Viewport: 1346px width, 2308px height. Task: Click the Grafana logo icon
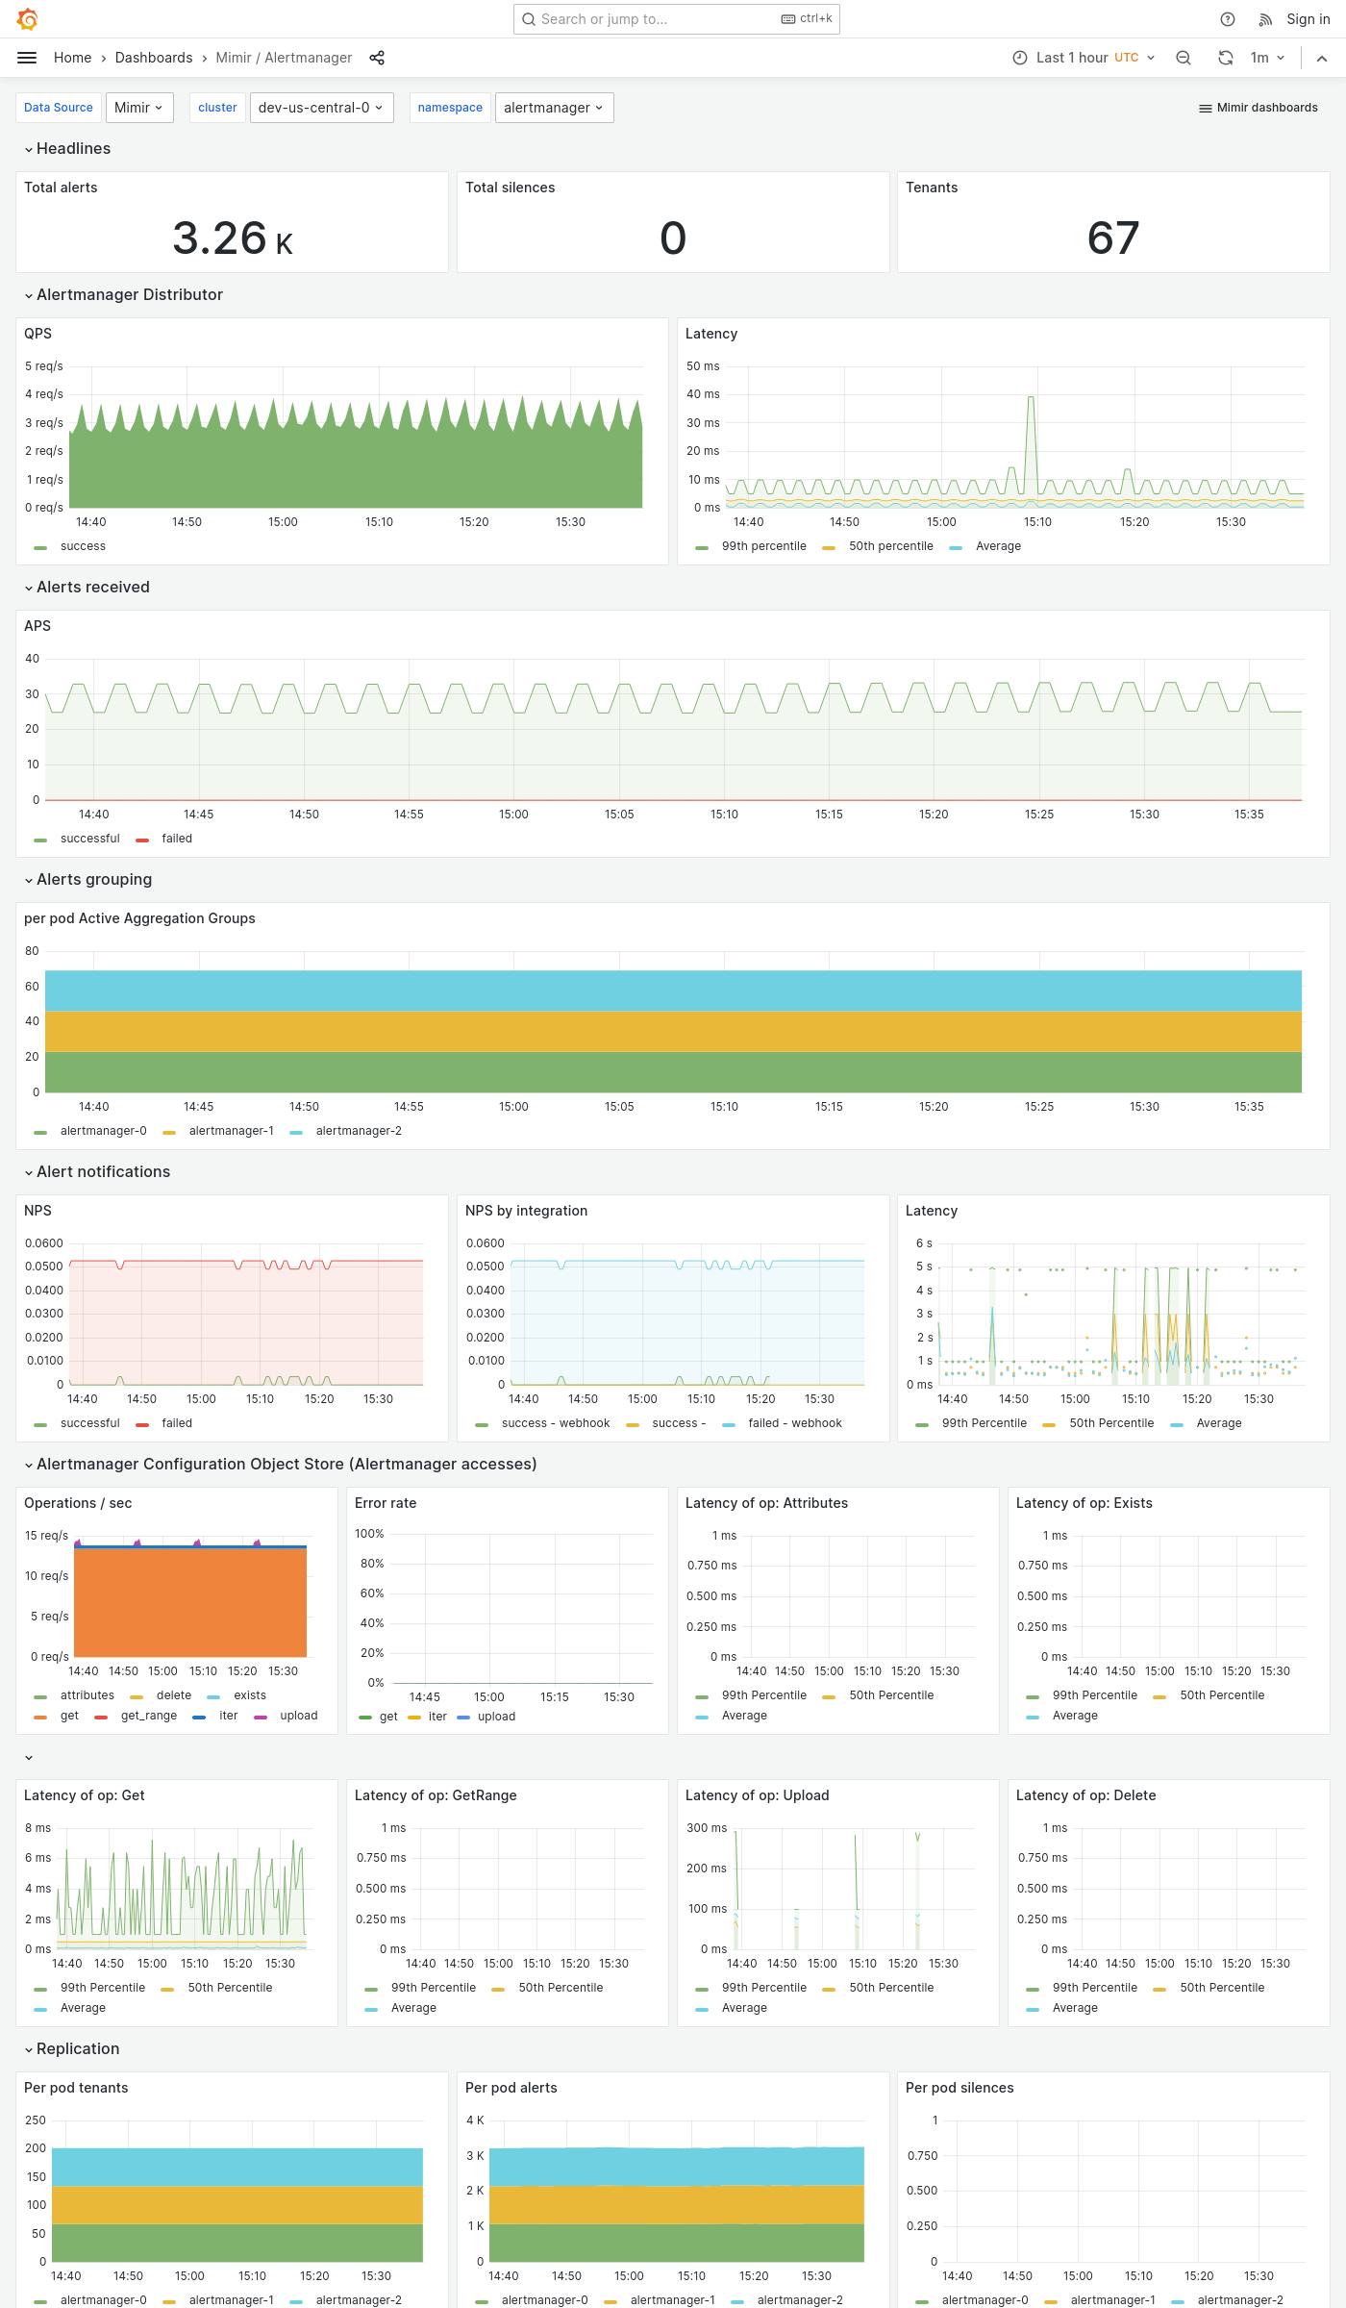(27, 19)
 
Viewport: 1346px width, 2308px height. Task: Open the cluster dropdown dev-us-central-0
(320, 108)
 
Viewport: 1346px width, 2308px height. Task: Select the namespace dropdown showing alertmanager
(553, 108)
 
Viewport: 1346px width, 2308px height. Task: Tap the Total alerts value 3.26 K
(232, 238)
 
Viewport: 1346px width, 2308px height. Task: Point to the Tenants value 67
(1112, 238)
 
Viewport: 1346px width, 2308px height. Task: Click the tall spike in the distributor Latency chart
(1031, 398)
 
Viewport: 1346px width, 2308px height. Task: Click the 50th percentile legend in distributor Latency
(890, 546)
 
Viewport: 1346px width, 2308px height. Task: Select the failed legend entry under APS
(176, 839)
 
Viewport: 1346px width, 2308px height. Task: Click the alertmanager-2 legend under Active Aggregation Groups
(358, 1131)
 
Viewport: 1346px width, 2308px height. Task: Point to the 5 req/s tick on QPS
(44, 366)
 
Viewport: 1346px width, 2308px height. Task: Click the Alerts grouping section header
(94, 879)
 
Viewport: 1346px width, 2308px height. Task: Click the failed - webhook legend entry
(794, 1423)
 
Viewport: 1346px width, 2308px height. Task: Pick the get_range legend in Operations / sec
(148, 1716)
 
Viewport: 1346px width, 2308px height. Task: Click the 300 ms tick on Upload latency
(707, 1828)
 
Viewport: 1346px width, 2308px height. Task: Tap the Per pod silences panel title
(960, 2088)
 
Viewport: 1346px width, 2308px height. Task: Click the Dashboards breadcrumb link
(154, 58)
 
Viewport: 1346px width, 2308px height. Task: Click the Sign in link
(1308, 19)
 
